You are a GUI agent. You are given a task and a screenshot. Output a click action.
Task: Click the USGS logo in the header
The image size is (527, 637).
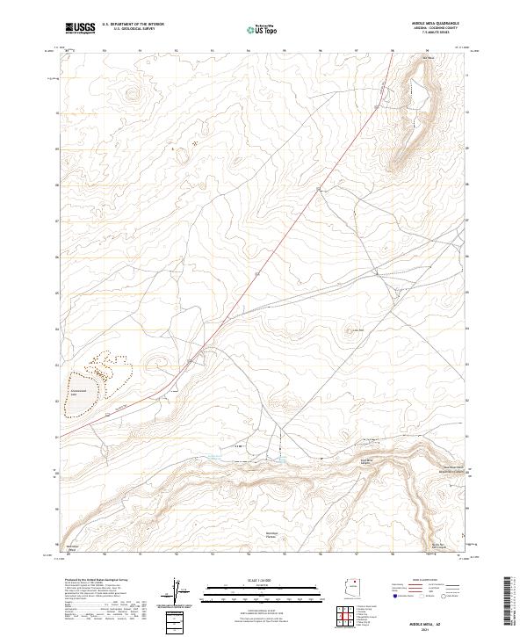coord(81,27)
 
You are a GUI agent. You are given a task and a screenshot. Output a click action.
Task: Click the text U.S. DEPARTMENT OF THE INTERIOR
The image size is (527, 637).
coord(133,24)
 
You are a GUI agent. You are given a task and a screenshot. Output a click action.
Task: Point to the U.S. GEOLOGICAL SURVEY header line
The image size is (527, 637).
coord(133,29)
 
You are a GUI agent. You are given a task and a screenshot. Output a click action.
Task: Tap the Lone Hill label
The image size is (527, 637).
coord(357,330)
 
